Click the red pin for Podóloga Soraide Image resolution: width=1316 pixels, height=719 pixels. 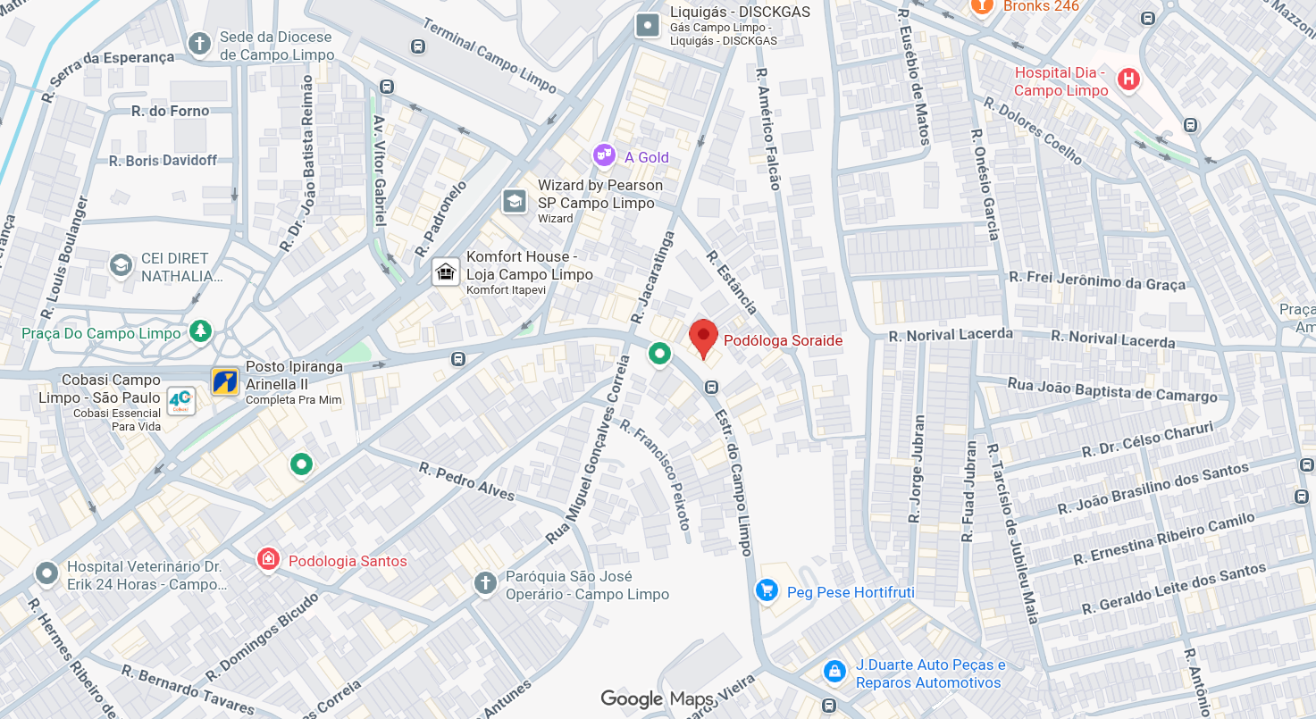point(704,337)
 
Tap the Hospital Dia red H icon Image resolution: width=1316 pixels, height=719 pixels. point(1129,79)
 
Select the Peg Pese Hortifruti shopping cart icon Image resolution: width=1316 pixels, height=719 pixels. point(767,590)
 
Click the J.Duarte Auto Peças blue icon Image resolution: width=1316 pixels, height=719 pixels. point(834,671)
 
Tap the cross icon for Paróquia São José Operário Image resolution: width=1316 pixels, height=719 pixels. point(485,584)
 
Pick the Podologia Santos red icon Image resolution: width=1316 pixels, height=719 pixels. point(267,560)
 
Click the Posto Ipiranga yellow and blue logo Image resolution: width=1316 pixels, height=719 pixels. point(225,381)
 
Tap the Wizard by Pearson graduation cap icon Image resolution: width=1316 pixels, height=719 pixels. point(515,201)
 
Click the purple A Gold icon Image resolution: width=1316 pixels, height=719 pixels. point(605,155)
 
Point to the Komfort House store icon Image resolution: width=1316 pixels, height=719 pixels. point(445,271)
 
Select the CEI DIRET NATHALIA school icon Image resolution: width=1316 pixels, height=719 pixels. point(121,265)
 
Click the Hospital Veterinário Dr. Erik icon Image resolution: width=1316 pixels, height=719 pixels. point(46,573)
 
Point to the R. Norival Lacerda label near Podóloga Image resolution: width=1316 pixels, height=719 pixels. point(951,335)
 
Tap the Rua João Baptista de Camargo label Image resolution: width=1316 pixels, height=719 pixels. point(1111,390)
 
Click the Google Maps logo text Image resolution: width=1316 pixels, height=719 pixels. point(657,698)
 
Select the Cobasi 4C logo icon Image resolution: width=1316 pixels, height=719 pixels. point(180,400)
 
